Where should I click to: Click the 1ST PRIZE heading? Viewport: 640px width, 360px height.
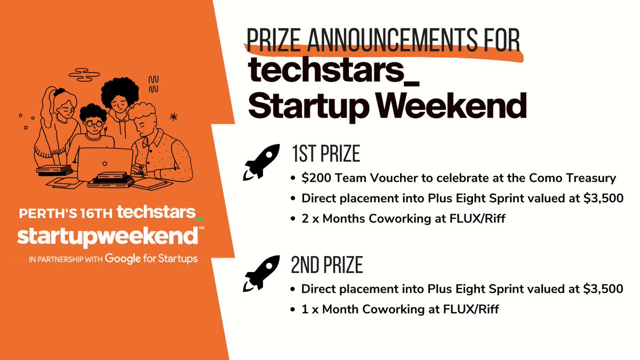click(x=325, y=154)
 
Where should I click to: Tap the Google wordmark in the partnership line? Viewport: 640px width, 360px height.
click(x=126, y=258)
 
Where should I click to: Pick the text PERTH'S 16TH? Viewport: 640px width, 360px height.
click(x=66, y=213)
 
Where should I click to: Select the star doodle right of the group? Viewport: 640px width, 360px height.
click(x=174, y=116)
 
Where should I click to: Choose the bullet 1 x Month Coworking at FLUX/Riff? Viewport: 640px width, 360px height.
click(x=400, y=309)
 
